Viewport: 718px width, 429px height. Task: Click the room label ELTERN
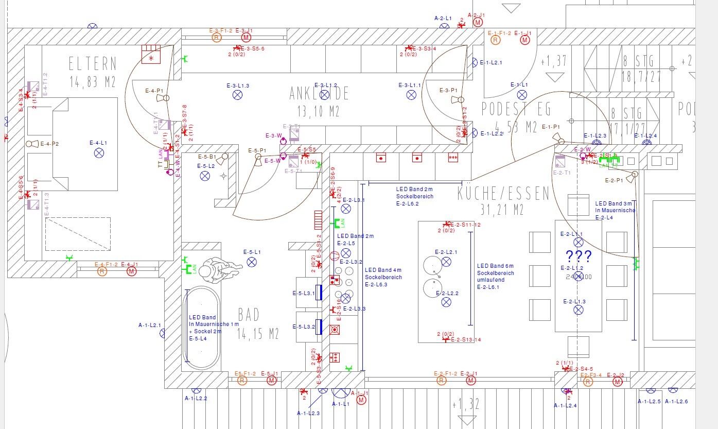pyautogui.click(x=93, y=64)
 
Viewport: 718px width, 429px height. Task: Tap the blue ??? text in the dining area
pyautogui.click(x=579, y=256)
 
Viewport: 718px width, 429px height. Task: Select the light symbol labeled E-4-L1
pyautogui.click(x=98, y=152)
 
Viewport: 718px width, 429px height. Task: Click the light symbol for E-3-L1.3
pyautogui.click(x=237, y=95)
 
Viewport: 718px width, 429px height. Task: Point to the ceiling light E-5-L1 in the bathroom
pyautogui.click(x=252, y=262)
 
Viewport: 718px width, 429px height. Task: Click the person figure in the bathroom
pyautogui.click(x=216, y=268)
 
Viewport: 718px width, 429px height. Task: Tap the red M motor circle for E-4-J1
pyautogui.click(x=132, y=271)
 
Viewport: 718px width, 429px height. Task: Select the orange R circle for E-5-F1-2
pyautogui.click(x=242, y=381)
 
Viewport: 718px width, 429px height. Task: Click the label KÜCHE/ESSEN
pyautogui.click(x=503, y=194)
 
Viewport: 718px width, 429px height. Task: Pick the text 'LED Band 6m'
pyautogui.click(x=492, y=266)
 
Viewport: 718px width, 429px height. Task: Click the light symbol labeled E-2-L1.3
pyautogui.click(x=579, y=310)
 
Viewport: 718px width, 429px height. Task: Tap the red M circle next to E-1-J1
pyautogui.click(x=525, y=40)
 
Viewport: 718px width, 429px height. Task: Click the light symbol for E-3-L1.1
pyautogui.click(x=411, y=95)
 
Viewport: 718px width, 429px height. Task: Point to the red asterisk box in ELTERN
pyautogui.click(x=151, y=55)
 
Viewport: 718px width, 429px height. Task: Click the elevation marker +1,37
pyautogui.click(x=554, y=61)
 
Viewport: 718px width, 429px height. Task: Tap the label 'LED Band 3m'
pyautogui.click(x=612, y=203)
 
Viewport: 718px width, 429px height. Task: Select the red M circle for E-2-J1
pyautogui.click(x=470, y=381)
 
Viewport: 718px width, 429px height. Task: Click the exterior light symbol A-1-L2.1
pyautogui.click(x=164, y=333)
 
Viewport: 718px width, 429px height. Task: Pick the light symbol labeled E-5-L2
pyautogui.click(x=205, y=176)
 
